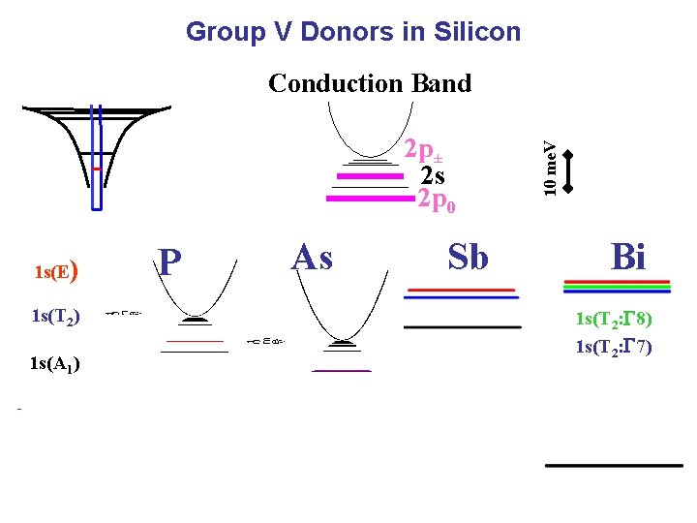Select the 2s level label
(x=433, y=176)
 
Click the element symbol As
(x=312, y=258)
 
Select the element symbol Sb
(x=468, y=258)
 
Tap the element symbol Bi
(x=628, y=258)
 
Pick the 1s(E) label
(x=55, y=271)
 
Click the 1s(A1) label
(x=55, y=364)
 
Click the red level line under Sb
(x=461, y=290)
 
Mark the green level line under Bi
(x=616, y=286)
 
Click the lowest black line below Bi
(x=614, y=465)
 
